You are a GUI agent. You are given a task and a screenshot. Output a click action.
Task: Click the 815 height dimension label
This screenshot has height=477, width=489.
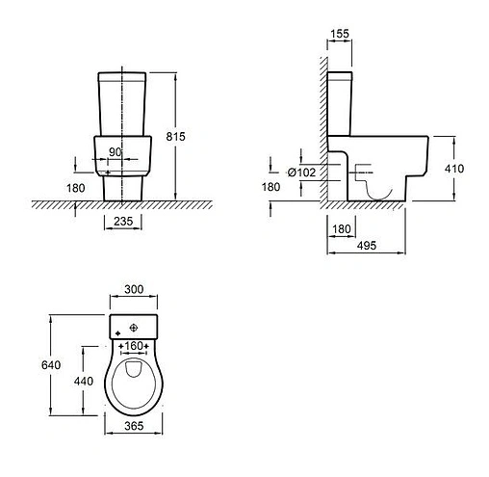(x=175, y=137)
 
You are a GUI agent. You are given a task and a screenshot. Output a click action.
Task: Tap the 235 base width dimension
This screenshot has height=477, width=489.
(x=123, y=221)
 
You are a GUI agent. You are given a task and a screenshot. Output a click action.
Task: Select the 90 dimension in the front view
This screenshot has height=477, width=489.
(x=116, y=152)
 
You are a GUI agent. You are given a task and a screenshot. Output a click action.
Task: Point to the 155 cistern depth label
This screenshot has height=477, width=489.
(x=340, y=34)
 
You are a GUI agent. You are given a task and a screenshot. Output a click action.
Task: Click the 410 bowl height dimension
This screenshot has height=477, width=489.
(x=454, y=169)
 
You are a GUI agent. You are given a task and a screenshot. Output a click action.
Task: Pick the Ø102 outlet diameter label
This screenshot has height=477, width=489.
(x=301, y=172)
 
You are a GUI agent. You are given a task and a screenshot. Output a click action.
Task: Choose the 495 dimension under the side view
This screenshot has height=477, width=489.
(x=367, y=246)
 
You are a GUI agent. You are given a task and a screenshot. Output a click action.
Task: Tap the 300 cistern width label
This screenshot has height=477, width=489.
(x=134, y=289)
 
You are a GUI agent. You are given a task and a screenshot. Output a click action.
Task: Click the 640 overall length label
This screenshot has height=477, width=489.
(x=51, y=365)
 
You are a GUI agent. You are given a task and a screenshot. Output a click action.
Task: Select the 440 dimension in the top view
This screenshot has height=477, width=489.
(x=84, y=381)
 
